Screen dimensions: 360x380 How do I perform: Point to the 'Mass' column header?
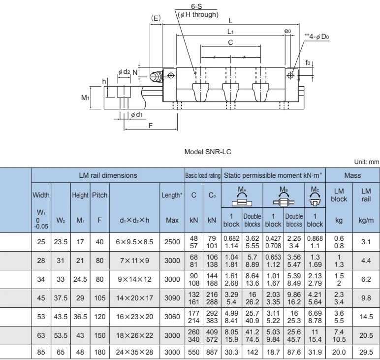(x=353, y=175)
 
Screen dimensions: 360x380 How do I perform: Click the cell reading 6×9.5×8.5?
(x=134, y=241)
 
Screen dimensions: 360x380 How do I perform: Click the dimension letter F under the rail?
(x=151, y=126)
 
